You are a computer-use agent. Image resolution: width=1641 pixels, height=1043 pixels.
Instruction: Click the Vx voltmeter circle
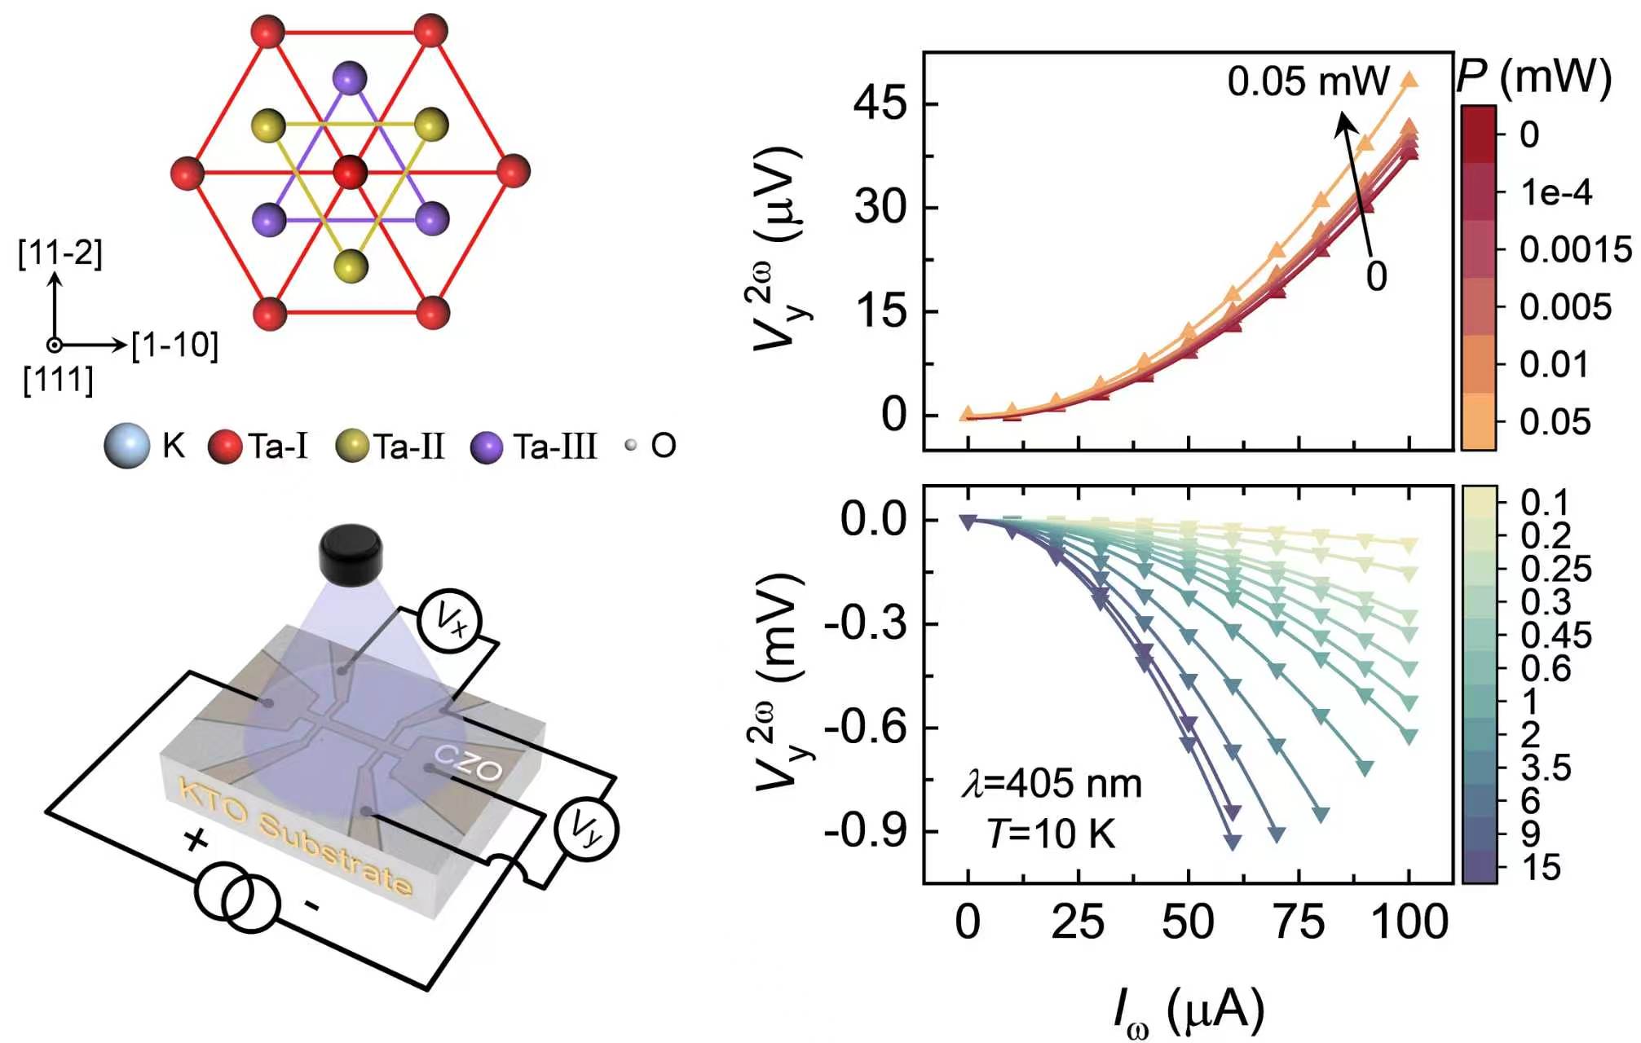coord(450,621)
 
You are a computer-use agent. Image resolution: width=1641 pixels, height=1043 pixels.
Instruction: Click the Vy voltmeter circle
coord(586,828)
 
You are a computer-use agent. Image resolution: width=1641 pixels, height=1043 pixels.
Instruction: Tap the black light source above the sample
coord(351,555)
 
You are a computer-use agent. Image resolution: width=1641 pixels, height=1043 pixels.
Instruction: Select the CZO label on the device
coord(468,763)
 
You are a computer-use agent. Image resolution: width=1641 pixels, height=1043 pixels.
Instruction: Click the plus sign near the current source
coord(195,839)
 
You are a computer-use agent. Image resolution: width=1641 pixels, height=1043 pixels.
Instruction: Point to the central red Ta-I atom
coord(351,173)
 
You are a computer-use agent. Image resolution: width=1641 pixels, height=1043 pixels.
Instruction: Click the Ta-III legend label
coord(555,447)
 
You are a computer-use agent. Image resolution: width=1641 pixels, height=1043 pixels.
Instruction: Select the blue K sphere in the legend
coord(127,446)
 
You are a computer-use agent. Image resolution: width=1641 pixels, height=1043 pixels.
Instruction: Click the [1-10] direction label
coord(175,345)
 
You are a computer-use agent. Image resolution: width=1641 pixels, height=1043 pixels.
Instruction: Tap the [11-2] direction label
coord(60,253)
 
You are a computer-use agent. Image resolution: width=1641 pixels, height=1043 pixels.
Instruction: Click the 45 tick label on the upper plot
coord(880,104)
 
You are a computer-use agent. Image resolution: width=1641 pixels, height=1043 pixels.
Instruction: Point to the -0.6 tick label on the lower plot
coord(866,726)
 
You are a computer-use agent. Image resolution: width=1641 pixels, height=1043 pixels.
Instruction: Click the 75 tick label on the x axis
coord(1298,922)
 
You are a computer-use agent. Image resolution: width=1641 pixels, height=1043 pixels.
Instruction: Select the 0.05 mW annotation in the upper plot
coord(1308,81)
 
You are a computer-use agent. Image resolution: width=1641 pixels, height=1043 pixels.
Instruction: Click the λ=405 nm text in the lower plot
coord(1052,784)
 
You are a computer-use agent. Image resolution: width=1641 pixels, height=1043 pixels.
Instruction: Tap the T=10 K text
coord(1051,834)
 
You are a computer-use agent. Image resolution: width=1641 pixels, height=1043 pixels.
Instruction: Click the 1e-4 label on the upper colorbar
coord(1556,192)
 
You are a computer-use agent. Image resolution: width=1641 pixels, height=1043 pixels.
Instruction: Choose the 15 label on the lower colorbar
coord(1541,868)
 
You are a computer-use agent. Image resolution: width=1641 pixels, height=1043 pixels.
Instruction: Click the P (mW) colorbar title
coord(1533,77)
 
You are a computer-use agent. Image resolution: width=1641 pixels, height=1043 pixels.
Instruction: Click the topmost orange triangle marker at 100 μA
coord(1409,80)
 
